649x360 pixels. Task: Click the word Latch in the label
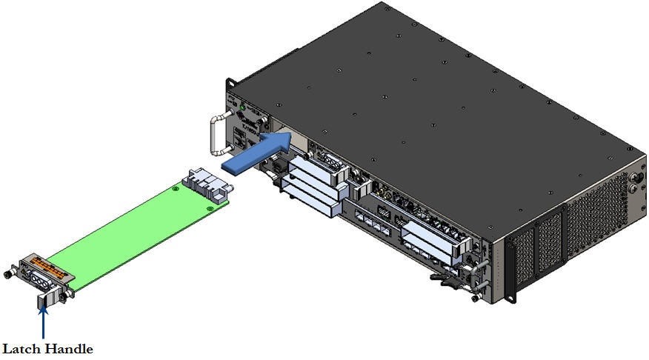(23, 348)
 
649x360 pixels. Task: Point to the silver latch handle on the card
(44, 300)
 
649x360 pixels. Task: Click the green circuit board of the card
(126, 230)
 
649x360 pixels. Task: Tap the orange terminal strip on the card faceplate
(50, 264)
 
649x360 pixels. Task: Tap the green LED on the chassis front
(242, 108)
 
